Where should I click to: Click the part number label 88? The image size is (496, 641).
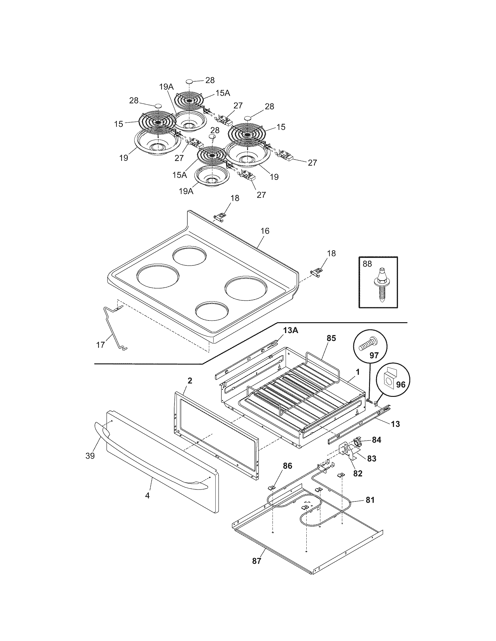click(x=367, y=264)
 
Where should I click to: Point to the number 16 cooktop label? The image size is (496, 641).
click(x=265, y=231)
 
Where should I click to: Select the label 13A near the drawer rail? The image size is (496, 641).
click(x=291, y=330)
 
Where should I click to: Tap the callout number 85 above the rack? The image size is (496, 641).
click(x=331, y=338)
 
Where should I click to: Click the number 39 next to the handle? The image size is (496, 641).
click(x=90, y=456)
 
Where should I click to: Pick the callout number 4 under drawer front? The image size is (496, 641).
click(x=148, y=496)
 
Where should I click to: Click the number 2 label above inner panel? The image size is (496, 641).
click(x=190, y=381)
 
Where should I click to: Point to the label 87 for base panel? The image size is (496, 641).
click(x=256, y=561)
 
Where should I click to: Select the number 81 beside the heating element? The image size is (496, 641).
click(x=370, y=500)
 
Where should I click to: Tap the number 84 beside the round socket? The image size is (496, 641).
click(x=376, y=440)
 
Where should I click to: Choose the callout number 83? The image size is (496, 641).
click(x=371, y=458)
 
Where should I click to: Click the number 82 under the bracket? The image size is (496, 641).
click(x=358, y=473)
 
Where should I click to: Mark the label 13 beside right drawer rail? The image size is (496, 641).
click(x=396, y=424)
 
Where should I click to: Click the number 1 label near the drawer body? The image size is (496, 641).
click(x=358, y=372)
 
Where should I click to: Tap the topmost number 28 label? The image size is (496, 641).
click(x=210, y=80)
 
